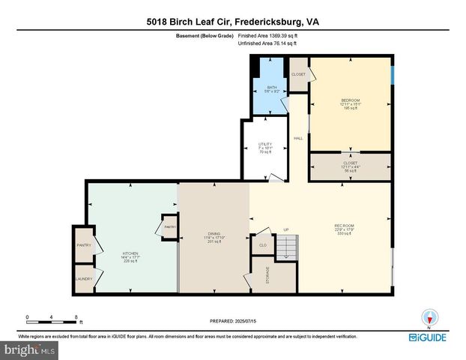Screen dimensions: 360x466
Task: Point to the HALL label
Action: [298, 139]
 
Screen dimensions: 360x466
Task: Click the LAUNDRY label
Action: [83, 279]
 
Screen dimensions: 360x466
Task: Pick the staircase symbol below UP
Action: [287, 246]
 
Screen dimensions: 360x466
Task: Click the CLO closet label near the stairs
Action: [262, 244]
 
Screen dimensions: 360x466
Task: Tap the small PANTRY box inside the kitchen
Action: [169, 226]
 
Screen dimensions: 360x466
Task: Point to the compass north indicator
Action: [429, 317]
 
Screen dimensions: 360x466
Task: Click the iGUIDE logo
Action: [429, 338]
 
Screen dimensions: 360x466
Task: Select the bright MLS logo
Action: [30, 349]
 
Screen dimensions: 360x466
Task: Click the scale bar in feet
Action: [52, 317]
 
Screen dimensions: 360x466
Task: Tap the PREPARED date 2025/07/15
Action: [233, 320]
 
